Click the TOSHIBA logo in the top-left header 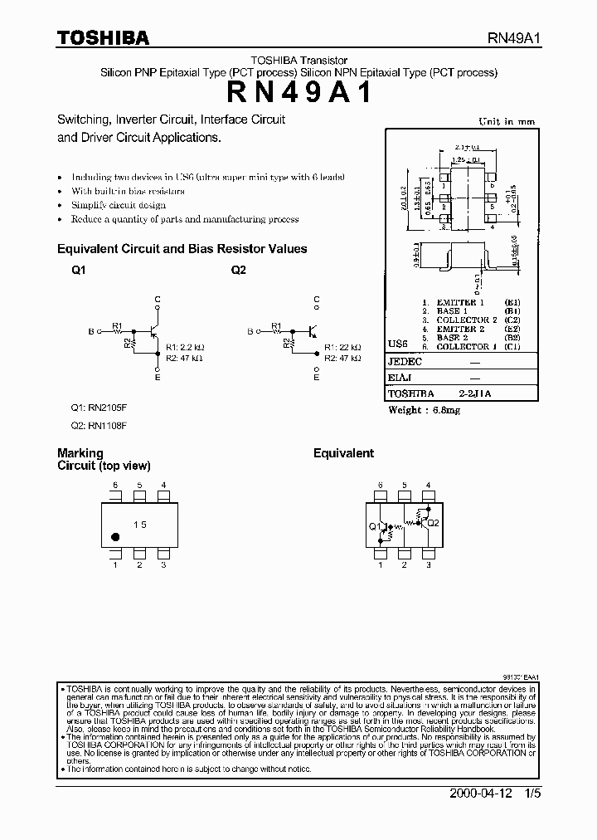[103, 37]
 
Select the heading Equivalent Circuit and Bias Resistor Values [182, 248]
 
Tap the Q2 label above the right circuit [239, 271]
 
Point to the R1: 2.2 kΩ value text [184, 347]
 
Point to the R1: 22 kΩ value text [342, 347]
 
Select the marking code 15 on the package [140, 525]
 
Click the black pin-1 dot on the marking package [115, 537]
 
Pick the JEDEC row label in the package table [405, 362]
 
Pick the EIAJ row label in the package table [400, 378]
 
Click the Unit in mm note [507, 121]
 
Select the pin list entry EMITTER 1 [454, 303]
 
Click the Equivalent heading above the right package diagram [343, 453]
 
